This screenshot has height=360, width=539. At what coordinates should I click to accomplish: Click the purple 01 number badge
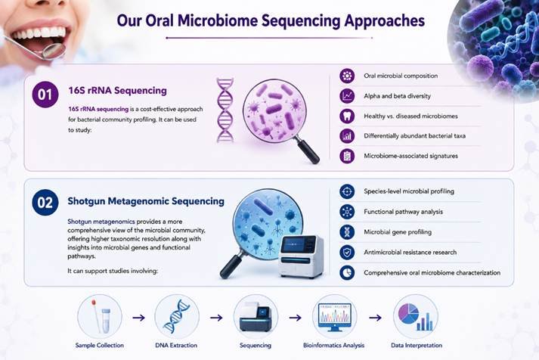pos(45,95)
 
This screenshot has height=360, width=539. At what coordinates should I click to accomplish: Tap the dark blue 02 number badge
pos(45,202)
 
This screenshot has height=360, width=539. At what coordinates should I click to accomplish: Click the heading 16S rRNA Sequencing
pos(118,91)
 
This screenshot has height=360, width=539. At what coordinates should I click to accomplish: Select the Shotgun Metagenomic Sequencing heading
pos(146,201)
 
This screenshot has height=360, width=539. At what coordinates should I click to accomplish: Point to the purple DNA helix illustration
pos(225,110)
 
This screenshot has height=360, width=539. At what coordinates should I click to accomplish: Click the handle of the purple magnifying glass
pos(308,150)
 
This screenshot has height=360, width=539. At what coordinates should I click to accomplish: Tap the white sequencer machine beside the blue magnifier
pos(301,256)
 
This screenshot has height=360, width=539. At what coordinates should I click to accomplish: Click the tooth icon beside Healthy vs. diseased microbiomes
pos(347,116)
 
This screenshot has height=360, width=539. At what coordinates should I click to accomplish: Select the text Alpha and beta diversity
pos(397,96)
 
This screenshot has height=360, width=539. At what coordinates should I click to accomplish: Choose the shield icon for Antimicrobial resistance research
pos(347,253)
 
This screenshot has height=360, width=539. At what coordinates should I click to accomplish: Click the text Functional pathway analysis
pos(403,212)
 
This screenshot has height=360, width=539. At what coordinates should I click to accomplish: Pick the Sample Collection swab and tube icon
pos(100,317)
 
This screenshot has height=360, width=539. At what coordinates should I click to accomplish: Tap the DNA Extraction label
pos(176,345)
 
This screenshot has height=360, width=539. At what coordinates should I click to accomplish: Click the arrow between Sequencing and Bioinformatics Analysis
pos(295,318)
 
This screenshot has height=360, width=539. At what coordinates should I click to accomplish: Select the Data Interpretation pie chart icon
pos(416,317)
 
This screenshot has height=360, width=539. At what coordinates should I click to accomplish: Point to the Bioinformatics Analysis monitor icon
pos(334,317)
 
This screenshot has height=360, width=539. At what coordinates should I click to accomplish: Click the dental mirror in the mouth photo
pos(34,47)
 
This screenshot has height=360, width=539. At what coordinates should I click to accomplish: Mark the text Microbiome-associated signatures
pos(410,156)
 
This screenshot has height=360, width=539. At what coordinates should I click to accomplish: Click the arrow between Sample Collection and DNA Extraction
pos(138,318)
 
